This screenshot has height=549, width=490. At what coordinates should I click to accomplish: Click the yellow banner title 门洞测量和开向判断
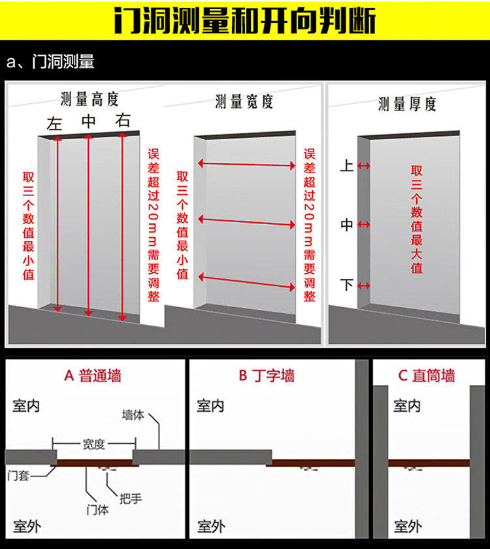pyautogui.click(x=245, y=20)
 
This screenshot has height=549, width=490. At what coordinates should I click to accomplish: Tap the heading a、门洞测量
pyautogui.click(x=50, y=61)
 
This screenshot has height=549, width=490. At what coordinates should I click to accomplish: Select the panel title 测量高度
pyautogui.click(x=90, y=99)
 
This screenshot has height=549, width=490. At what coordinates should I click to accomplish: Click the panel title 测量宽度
pyautogui.click(x=244, y=101)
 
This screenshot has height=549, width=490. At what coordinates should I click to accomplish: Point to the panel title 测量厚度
pyautogui.click(x=407, y=104)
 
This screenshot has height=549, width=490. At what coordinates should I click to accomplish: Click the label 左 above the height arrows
pyautogui.click(x=54, y=124)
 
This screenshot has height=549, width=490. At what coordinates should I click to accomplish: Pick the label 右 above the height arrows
pyautogui.click(x=123, y=120)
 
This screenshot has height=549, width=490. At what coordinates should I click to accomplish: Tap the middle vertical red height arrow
pyautogui.click(x=89, y=225)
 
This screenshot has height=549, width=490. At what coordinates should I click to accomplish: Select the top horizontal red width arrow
pyautogui.click(x=247, y=164)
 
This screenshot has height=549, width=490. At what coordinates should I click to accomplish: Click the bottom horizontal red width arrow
pyautogui.click(x=247, y=282)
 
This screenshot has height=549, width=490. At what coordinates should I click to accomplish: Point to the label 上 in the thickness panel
pyautogui.click(x=346, y=165)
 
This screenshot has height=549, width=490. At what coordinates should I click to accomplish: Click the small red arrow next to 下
pyautogui.click(x=364, y=286)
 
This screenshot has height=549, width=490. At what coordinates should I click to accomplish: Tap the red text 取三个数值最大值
pyautogui.click(x=417, y=219)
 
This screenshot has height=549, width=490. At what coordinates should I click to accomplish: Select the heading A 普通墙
pyautogui.click(x=93, y=376)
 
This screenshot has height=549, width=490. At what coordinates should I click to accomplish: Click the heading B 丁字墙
pyautogui.click(x=267, y=376)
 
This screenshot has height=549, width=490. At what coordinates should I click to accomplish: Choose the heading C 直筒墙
pyautogui.click(x=427, y=376)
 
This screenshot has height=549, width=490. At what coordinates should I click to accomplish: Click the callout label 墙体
pyautogui.click(x=133, y=415)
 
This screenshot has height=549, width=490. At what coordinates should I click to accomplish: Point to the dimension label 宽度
pyautogui.click(x=94, y=444)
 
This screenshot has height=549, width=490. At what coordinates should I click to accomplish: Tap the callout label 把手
pyautogui.click(x=131, y=498)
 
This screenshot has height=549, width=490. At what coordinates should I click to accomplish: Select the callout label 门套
pyautogui.click(x=18, y=476)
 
